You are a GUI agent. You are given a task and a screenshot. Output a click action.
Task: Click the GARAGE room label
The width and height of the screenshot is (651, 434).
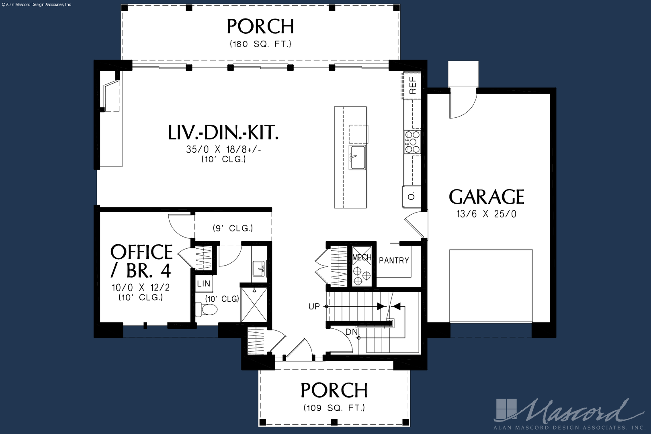(487, 197)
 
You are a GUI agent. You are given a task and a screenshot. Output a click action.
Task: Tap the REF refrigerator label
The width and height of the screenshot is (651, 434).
(413, 85)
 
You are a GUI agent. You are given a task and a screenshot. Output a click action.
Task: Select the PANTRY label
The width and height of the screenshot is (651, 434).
(394, 260)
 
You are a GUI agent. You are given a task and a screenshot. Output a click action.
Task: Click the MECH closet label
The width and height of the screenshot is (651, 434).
(362, 258)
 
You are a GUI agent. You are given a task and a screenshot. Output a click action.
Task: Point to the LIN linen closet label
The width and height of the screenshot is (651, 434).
(203, 283)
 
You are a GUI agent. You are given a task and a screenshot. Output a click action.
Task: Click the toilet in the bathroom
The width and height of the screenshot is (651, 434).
(206, 309)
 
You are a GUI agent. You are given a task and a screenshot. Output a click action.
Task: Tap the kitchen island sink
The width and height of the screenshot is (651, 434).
(357, 157)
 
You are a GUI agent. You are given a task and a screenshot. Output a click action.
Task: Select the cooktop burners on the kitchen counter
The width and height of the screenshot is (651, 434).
(412, 142)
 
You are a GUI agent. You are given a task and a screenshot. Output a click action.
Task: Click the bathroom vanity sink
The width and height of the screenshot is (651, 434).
(259, 269)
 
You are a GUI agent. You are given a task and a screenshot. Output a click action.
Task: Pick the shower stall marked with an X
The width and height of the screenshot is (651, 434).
(254, 305)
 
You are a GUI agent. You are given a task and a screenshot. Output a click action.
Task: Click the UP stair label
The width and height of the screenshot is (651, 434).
(314, 306)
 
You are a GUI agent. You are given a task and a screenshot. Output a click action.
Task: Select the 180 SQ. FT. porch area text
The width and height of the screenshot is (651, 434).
(260, 44)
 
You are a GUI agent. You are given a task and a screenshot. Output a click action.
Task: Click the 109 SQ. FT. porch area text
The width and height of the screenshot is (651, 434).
(334, 408)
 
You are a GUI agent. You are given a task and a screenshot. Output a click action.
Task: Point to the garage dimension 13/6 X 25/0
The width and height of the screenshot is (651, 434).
(487, 214)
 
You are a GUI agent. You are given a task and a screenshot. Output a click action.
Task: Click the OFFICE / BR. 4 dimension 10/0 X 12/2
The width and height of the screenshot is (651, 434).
(141, 287)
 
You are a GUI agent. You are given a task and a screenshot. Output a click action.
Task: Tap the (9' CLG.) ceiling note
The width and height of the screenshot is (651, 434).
(233, 228)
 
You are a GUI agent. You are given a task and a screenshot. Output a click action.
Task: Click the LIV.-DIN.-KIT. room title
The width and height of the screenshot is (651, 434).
(223, 133)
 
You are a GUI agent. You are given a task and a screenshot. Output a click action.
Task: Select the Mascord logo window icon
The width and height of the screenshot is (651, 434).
(506, 409)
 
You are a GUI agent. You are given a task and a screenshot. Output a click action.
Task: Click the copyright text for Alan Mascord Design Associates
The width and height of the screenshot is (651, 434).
(37, 5)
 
